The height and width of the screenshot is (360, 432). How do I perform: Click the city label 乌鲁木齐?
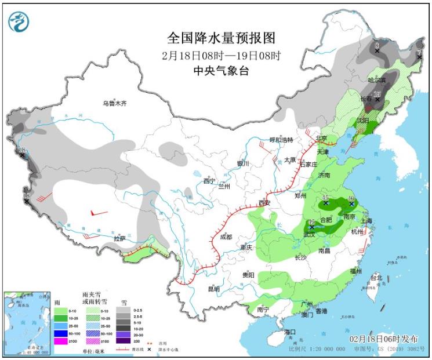pyautogui.click(x=114, y=103)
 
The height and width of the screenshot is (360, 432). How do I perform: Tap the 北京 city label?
pyautogui.click(x=322, y=139)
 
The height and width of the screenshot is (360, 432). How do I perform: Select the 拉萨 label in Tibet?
pyautogui.click(x=119, y=238)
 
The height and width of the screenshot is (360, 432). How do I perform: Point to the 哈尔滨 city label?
pyautogui.click(x=377, y=79)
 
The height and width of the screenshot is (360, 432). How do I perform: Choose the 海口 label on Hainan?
pyautogui.click(x=290, y=332)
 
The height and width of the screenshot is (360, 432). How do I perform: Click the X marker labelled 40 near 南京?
pyautogui.click(x=350, y=204)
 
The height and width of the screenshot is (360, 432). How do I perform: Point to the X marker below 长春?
pyautogui.click(x=377, y=99)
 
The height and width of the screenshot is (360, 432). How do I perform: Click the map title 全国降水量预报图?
pyautogui.click(x=221, y=38)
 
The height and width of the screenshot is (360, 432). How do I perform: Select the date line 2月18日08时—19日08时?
pyautogui.click(x=221, y=56)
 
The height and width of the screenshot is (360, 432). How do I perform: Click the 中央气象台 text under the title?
pyautogui.click(x=221, y=71)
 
